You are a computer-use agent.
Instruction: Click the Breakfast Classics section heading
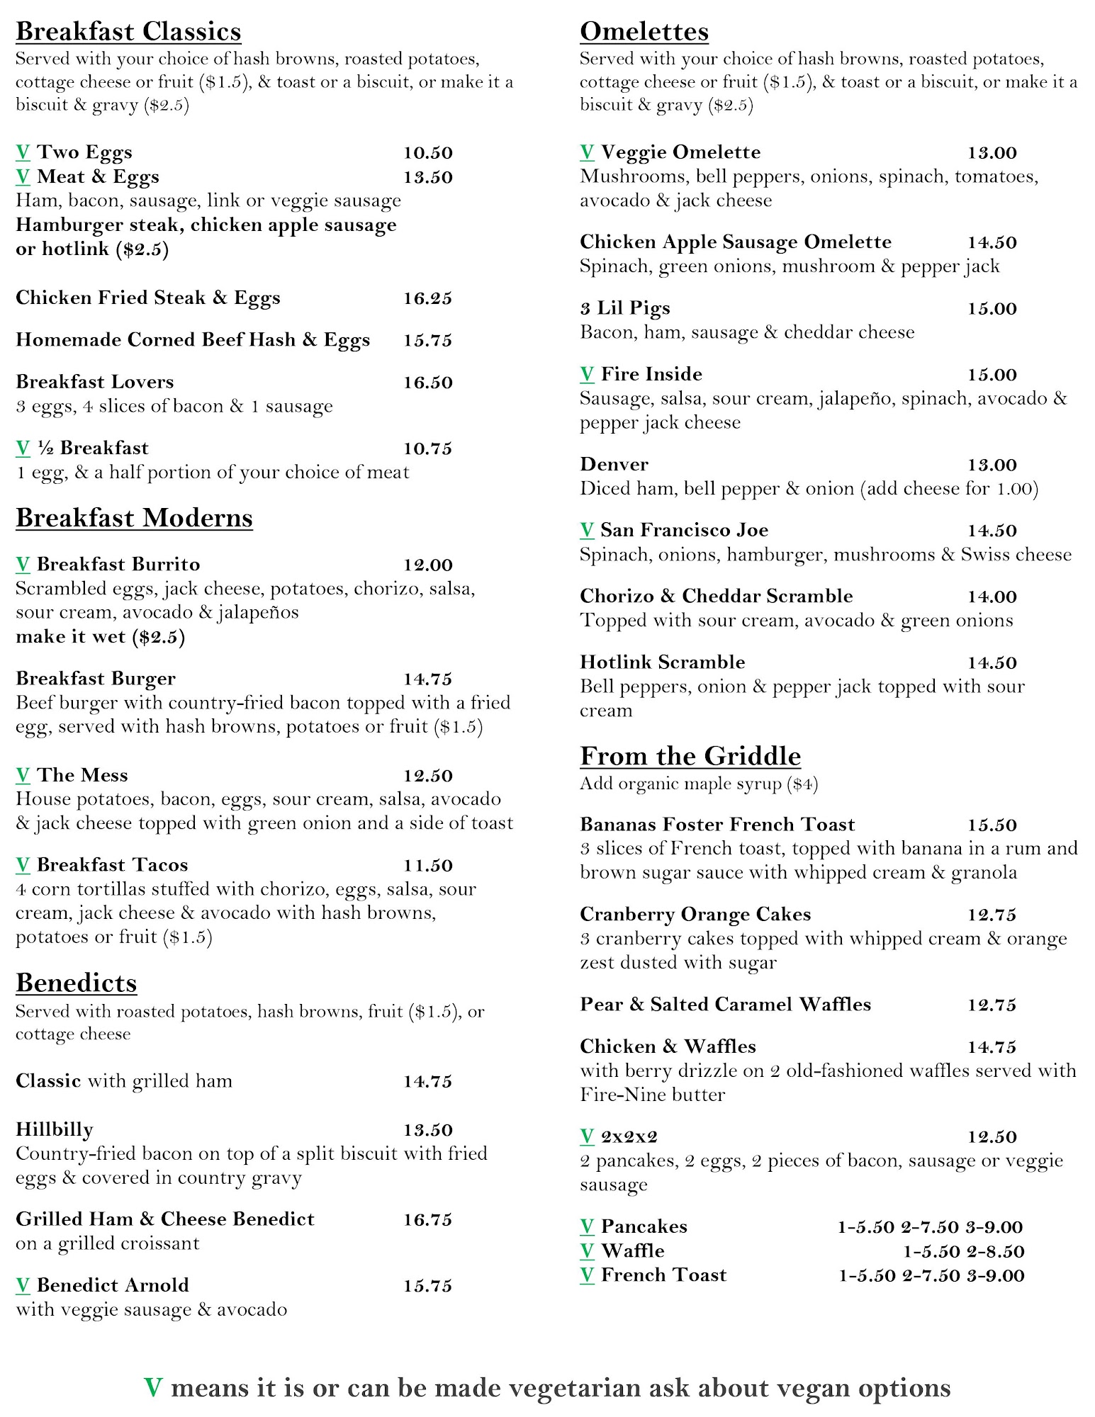(x=128, y=32)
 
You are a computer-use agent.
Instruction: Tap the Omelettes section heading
(x=644, y=32)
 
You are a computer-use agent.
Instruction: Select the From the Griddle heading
(x=690, y=756)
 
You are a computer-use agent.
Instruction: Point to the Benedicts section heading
(x=76, y=983)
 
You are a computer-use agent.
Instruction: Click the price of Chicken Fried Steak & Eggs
(x=427, y=298)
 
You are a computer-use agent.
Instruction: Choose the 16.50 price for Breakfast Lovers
(x=427, y=383)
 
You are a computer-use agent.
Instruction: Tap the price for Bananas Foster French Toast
(x=992, y=825)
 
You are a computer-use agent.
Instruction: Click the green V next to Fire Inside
(x=587, y=374)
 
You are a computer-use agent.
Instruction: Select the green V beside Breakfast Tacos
(x=23, y=865)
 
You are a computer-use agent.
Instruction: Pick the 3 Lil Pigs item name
(x=624, y=308)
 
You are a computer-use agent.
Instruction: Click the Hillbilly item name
(x=55, y=1129)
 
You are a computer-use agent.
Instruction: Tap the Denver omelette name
(x=614, y=465)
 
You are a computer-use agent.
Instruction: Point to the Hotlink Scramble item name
(x=662, y=662)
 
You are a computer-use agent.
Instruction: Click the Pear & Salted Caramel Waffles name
(x=725, y=1005)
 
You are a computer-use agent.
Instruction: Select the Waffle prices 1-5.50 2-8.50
(x=963, y=1251)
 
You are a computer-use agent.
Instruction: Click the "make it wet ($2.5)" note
(x=100, y=637)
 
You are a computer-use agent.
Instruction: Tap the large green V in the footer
(x=153, y=1387)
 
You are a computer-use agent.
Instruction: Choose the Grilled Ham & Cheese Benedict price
(x=427, y=1219)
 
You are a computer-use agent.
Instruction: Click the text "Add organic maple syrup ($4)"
(x=698, y=784)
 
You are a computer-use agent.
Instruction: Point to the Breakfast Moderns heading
(x=134, y=518)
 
